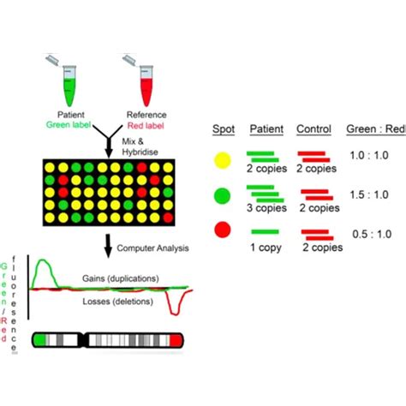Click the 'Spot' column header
coord(224,129)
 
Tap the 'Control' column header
coord(313,129)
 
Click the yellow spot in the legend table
coord(224,158)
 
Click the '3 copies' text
coord(266,206)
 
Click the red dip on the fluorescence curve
coord(179,307)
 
